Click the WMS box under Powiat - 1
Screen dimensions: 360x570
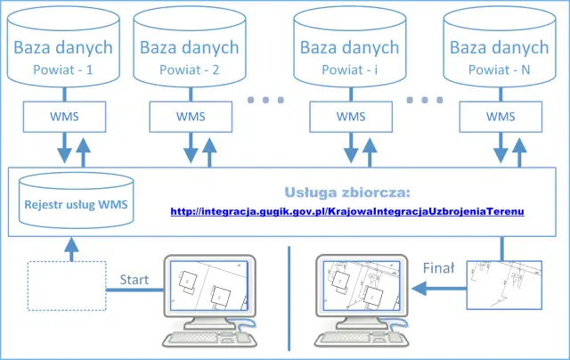pyautogui.click(x=59, y=116)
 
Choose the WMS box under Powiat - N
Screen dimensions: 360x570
pyautogui.click(x=501, y=116)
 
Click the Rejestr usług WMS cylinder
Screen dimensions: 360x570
pyautogui.click(x=75, y=204)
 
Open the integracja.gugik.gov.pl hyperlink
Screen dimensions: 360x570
pyautogui.click(x=347, y=212)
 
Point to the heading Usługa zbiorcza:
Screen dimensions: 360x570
pyautogui.click(x=347, y=192)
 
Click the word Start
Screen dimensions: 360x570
pyautogui.click(x=134, y=279)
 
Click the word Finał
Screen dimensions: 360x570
pyautogui.click(x=438, y=266)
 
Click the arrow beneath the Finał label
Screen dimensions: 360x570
pyautogui.click(x=442, y=287)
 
